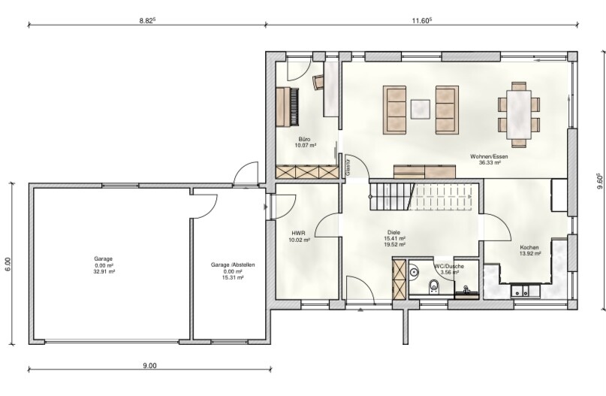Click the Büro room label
point(304,139)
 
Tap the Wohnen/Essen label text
point(489,156)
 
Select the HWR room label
point(298,233)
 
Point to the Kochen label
point(529,247)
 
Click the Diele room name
point(394,232)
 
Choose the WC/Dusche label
point(449,266)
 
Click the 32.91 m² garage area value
point(104,271)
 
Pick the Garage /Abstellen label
point(233,265)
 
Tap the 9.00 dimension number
point(150,365)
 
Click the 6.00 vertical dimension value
point(8,265)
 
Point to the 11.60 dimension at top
point(421,21)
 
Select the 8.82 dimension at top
point(147,21)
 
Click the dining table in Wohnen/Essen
point(519,114)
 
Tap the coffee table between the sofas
point(421,109)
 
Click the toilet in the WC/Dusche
point(433,287)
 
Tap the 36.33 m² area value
point(490,163)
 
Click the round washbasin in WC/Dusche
point(414,271)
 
